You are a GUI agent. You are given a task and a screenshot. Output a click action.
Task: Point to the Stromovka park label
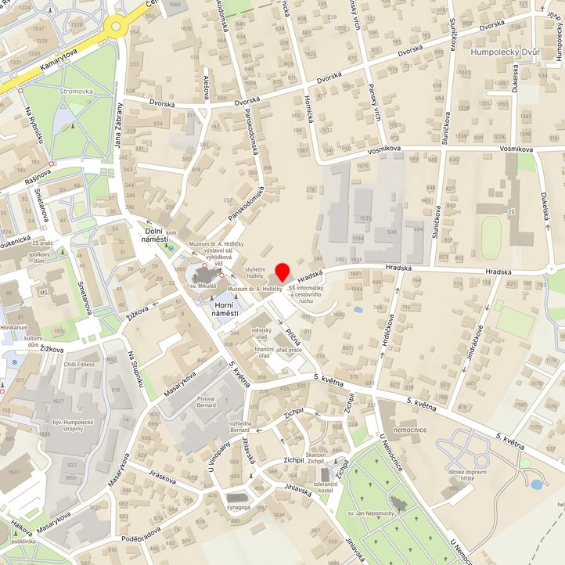[76, 92]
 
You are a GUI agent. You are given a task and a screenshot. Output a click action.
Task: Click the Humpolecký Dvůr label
[508, 53]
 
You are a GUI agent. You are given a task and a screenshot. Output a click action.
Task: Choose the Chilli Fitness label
[80, 364]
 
